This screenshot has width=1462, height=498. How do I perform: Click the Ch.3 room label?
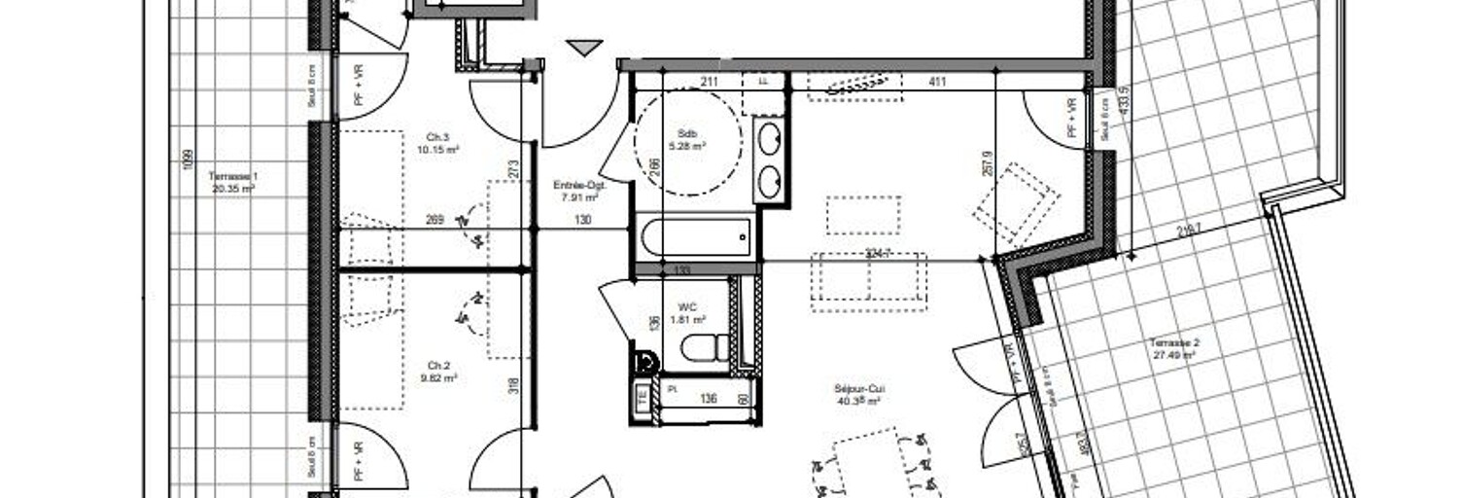[x=436, y=137]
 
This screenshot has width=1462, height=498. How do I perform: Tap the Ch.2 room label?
[x=437, y=367]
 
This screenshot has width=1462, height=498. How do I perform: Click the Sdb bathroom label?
[x=686, y=135]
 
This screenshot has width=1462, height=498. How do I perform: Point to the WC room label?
[x=686, y=306]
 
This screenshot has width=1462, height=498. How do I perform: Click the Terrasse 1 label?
[x=233, y=176]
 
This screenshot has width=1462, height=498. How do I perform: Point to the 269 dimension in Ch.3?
[x=435, y=220]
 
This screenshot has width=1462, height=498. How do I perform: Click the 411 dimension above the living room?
[x=937, y=83]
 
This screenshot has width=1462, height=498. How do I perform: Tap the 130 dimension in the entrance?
[x=582, y=220]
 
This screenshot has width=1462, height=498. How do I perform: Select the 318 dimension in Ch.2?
[x=513, y=385]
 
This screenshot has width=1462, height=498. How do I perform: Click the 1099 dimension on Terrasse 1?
[x=188, y=159]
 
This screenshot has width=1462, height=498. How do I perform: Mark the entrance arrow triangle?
[x=584, y=47]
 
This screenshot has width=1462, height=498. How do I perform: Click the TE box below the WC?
[x=643, y=397]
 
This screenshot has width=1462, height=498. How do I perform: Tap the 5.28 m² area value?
[x=686, y=147]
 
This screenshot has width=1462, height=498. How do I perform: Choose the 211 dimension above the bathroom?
[x=709, y=83]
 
